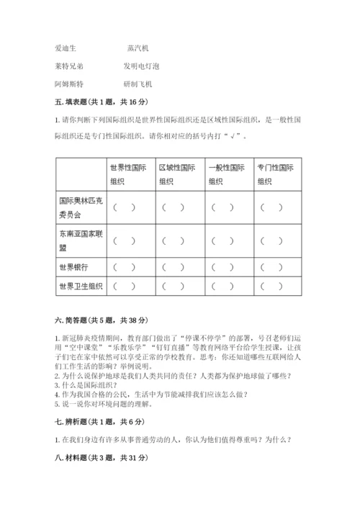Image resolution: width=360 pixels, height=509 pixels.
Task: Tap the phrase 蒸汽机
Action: tap(137, 48)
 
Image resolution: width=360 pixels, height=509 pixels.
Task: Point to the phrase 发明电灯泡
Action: tap(141, 66)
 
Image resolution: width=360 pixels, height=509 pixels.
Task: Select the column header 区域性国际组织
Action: tap(178, 174)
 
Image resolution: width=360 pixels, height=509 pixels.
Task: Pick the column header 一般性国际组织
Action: tap(227, 174)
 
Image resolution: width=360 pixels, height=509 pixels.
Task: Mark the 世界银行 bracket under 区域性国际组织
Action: tap(174, 267)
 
